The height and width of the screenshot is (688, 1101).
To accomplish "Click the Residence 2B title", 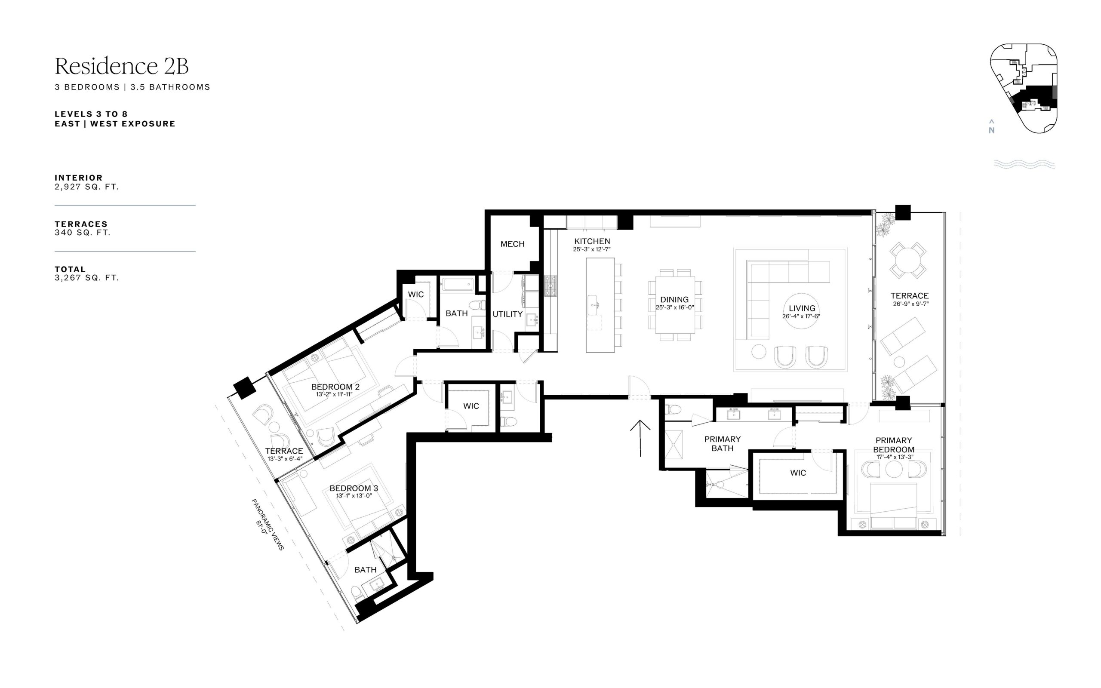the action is (121, 66).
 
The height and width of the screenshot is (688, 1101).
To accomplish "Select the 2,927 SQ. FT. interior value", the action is (86, 187).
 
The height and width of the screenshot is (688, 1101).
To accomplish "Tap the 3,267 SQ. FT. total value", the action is (86, 278).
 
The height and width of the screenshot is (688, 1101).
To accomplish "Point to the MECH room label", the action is (512, 244).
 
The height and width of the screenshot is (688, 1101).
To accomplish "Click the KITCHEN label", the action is (592, 242).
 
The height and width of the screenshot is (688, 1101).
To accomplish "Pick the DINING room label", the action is (674, 300).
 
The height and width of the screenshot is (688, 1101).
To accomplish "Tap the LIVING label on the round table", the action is (802, 308).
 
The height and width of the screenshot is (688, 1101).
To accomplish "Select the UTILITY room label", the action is (507, 314).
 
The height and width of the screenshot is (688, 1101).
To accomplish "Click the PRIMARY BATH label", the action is (723, 444).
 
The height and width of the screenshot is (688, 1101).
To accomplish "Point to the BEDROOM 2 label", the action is (335, 387).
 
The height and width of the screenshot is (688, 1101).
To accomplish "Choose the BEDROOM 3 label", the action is (354, 488).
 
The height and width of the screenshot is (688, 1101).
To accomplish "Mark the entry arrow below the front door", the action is (640, 438).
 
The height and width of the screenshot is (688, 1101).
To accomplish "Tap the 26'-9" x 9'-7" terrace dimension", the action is (910, 304).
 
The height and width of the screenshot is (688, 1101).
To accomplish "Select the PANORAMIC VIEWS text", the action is (268, 525).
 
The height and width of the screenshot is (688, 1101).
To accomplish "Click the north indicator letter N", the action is (991, 131).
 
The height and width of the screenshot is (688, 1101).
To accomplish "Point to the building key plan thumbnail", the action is (1023, 88).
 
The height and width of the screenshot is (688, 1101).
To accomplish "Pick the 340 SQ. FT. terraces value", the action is (82, 233).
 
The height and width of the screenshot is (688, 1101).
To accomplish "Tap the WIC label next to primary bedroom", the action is (798, 473).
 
